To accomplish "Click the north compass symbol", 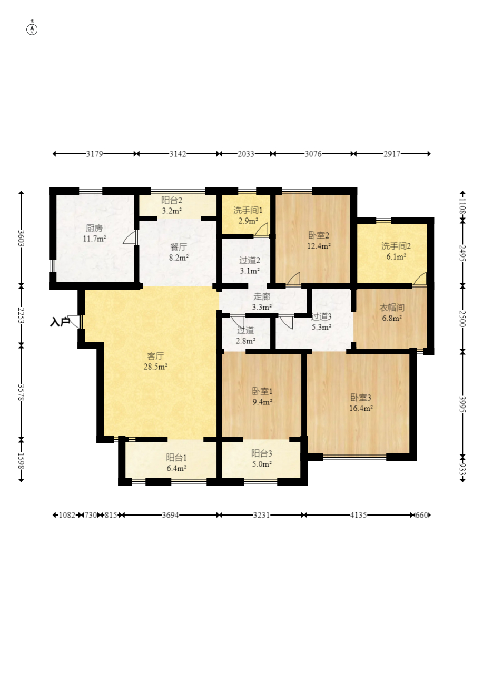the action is click(x=32, y=29).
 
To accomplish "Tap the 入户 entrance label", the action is click(x=60, y=322).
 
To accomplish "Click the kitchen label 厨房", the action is click(x=94, y=228).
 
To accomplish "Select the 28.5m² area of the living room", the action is click(x=155, y=367).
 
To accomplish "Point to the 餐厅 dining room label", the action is click(x=179, y=247).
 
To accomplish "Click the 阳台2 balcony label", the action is click(x=172, y=200).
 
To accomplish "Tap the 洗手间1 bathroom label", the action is click(x=248, y=210).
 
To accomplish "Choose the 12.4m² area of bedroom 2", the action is click(x=319, y=246).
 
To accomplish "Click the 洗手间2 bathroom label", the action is click(x=396, y=246).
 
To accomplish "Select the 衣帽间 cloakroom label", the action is click(x=392, y=308).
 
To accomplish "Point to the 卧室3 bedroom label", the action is click(x=361, y=398).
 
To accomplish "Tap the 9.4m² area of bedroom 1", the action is click(x=262, y=402).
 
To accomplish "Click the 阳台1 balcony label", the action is click(x=176, y=457).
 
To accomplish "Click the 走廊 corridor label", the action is click(x=262, y=296).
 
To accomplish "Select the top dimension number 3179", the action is click(x=95, y=154).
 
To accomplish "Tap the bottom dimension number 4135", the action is click(x=358, y=515).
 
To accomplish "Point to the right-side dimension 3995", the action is click(x=463, y=404).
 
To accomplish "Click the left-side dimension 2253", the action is click(x=21, y=315).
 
